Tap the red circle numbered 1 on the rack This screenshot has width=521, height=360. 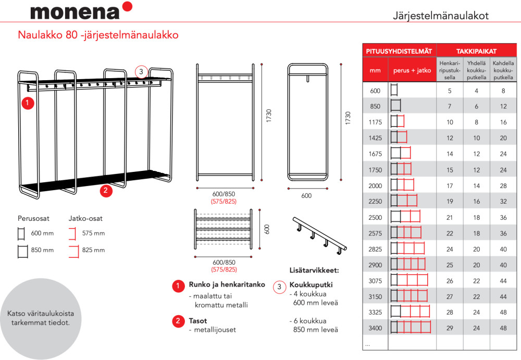click(28, 103)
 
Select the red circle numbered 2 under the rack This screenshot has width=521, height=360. click(106, 190)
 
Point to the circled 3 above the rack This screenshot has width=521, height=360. click(141, 71)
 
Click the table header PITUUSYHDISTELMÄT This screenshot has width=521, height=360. click(399, 51)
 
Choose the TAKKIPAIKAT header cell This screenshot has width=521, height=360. click(476, 51)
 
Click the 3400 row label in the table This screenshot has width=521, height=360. click(375, 328)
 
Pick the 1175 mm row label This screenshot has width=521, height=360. click(375, 122)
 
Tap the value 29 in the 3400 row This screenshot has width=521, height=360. click(450, 328)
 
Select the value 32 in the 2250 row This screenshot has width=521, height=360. click(503, 201)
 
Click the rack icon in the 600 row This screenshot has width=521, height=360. click(393, 91)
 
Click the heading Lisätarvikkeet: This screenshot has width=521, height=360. click(314, 270)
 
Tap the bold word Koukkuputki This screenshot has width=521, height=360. click(311, 285)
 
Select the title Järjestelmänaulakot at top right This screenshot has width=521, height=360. click(440, 16)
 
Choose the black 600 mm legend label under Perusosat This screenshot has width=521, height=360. click(42, 233)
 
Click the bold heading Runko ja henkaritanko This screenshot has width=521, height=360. click(227, 285)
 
